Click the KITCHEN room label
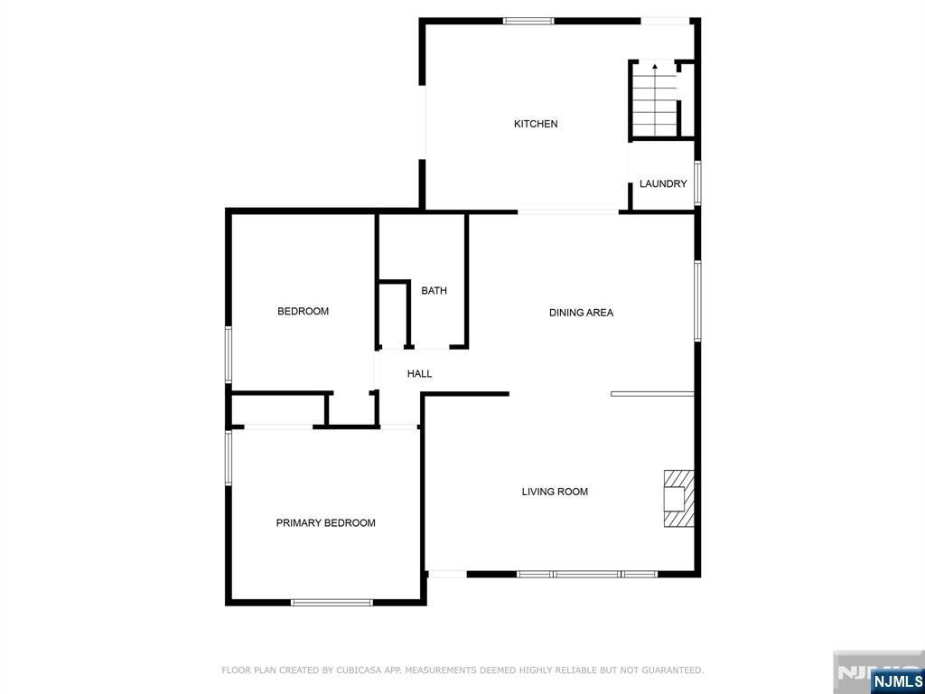(536, 124)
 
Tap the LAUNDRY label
(663, 183)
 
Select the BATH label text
(434, 291)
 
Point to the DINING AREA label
(581, 313)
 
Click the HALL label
(419, 373)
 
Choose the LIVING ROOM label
(555, 492)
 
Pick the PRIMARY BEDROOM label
(325, 523)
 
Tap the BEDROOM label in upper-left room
(303, 312)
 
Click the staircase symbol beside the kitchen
(654, 99)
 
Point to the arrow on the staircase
(655, 69)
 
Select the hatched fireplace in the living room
(678, 498)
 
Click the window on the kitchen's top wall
(528, 21)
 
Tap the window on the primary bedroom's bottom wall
(332, 602)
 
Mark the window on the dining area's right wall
(697, 301)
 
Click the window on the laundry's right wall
(697, 183)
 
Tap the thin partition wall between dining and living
(652, 394)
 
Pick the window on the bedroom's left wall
(229, 355)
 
